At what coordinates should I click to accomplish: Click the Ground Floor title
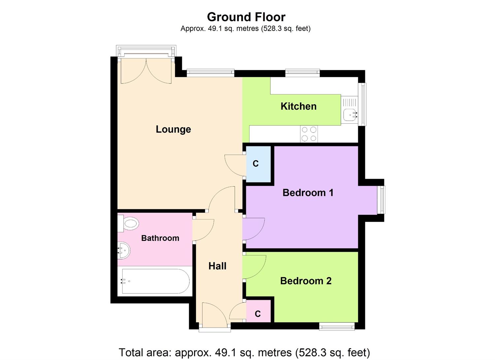246,17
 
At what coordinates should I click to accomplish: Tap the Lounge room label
173,129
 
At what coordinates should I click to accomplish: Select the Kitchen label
298,106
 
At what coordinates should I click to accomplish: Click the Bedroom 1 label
308,193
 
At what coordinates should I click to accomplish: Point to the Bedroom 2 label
306,281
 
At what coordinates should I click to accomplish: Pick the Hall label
217,266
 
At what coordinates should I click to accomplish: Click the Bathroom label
160,238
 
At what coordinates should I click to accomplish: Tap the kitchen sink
350,115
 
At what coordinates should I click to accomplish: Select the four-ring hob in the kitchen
309,134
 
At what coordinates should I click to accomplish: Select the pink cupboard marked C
258,313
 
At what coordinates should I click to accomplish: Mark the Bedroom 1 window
381,200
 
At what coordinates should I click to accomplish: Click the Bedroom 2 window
337,327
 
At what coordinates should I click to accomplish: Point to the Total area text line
244,352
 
